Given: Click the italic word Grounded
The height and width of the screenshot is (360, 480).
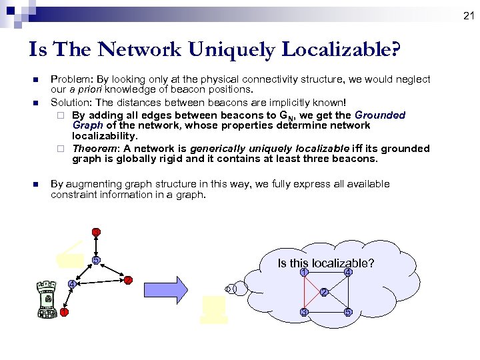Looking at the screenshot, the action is [380, 115].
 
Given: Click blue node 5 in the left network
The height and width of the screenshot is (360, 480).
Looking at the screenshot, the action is [96, 259].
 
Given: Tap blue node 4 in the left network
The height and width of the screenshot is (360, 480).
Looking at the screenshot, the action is [71, 285].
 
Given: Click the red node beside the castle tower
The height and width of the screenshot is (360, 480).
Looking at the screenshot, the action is [64, 311].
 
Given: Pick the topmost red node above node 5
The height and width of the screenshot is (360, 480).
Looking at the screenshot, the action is [97, 232].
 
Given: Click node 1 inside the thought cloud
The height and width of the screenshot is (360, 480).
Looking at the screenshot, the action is [303, 272].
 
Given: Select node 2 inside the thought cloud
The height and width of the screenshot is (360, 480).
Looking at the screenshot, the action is [323, 292].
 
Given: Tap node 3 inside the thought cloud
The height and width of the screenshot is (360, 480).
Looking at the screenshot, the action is [303, 312].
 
